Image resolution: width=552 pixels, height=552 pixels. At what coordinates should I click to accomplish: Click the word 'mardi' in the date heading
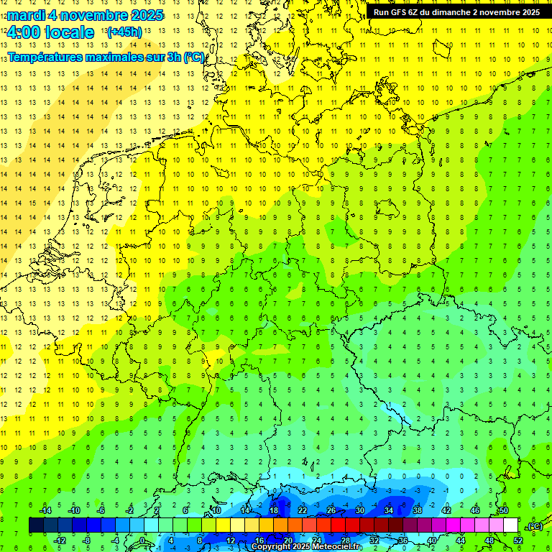(27, 15)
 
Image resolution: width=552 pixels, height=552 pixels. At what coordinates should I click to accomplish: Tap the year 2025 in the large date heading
(144, 15)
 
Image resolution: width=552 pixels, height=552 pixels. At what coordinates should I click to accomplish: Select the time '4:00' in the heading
(23, 32)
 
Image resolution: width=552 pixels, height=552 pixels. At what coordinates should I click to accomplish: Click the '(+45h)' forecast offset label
(124, 32)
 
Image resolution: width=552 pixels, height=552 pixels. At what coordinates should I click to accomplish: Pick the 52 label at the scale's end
(518, 540)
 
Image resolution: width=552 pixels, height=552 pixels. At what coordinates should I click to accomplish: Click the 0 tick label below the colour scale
(142, 540)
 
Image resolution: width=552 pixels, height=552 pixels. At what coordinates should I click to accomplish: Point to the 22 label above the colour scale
(303, 510)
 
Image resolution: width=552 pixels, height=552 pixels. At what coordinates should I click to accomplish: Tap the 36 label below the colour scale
(402, 540)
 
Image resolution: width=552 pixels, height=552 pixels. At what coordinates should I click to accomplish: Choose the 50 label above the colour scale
(503, 510)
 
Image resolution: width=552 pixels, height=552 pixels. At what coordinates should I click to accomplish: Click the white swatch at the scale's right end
(510, 525)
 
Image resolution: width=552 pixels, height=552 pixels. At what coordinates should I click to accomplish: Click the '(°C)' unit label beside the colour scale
(534, 525)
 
